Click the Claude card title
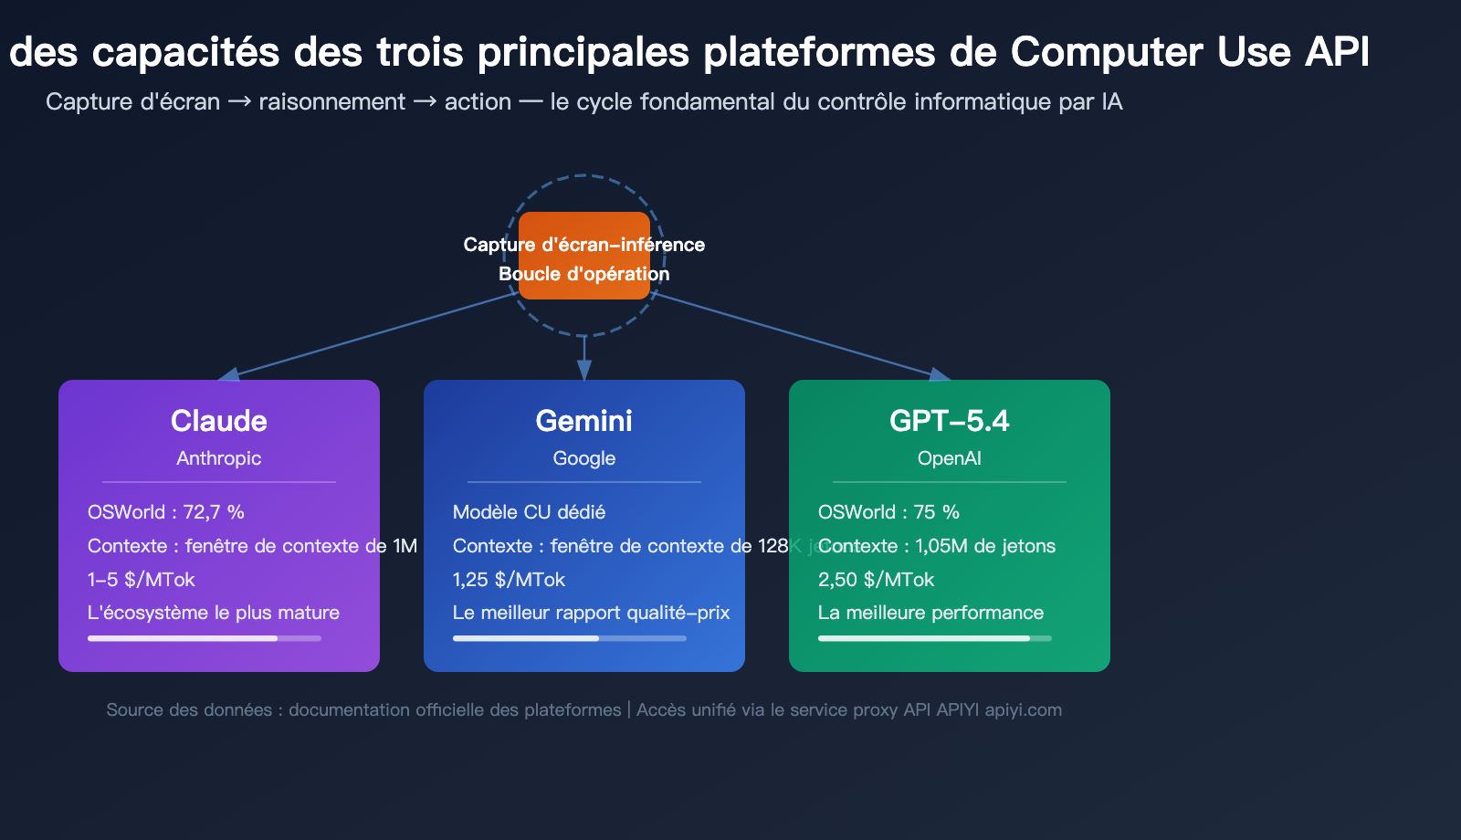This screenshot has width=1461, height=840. (x=218, y=421)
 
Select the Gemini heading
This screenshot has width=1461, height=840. (x=583, y=421)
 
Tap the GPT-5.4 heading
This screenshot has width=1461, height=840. (x=949, y=421)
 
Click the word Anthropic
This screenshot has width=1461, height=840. (x=218, y=458)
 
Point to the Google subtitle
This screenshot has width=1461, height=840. (x=583, y=458)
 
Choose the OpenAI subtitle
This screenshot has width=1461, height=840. (x=949, y=458)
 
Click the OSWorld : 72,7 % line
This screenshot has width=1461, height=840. (x=165, y=512)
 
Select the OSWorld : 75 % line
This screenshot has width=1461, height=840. (x=888, y=512)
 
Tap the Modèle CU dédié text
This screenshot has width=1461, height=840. (x=529, y=512)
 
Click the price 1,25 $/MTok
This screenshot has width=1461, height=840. (x=509, y=580)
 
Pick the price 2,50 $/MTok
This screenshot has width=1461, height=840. (x=876, y=580)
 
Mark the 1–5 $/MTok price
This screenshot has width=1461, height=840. (x=141, y=580)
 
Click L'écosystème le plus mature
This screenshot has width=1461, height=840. (x=213, y=613)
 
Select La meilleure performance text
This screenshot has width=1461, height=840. (x=930, y=613)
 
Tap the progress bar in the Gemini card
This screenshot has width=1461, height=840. (x=569, y=638)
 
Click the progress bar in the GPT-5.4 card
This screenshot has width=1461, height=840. (x=934, y=638)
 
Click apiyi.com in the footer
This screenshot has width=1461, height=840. (x=1023, y=710)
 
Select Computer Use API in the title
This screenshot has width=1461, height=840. (x=1190, y=52)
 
